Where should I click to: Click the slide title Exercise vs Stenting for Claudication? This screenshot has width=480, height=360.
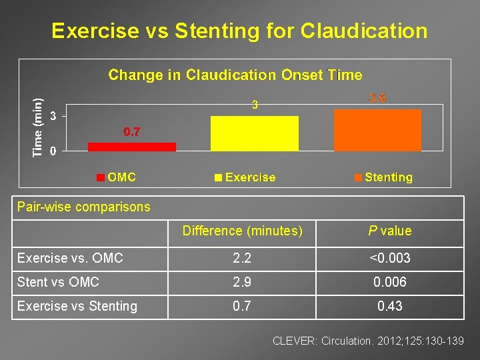[239, 31]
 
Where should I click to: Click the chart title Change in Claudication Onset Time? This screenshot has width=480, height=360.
[235, 75]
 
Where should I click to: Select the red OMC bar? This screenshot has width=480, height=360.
[132, 147]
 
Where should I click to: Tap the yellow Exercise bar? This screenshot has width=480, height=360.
[254, 133]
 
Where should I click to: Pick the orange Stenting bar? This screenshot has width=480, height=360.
[377, 130]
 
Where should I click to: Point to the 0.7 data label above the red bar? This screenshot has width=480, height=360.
[132, 132]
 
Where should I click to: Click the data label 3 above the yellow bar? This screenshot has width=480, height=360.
[254, 105]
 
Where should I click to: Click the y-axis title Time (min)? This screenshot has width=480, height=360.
[39, 127]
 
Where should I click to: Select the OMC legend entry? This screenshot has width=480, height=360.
[117, 177]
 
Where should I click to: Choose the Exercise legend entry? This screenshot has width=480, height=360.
[245, 177]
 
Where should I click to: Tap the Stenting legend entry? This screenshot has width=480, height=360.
[383, 177]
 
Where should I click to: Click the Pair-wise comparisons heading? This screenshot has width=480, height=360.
[84, 207]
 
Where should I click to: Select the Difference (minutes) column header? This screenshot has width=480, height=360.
[243, 231]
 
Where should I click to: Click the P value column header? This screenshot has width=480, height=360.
[390, 231]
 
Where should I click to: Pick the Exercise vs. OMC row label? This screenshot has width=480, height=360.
[70, 258]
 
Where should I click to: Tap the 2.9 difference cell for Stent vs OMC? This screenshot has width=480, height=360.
[243, 282]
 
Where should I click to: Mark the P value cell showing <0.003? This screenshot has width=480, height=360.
[390, 258]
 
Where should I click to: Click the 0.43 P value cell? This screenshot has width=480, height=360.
[390, 306]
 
